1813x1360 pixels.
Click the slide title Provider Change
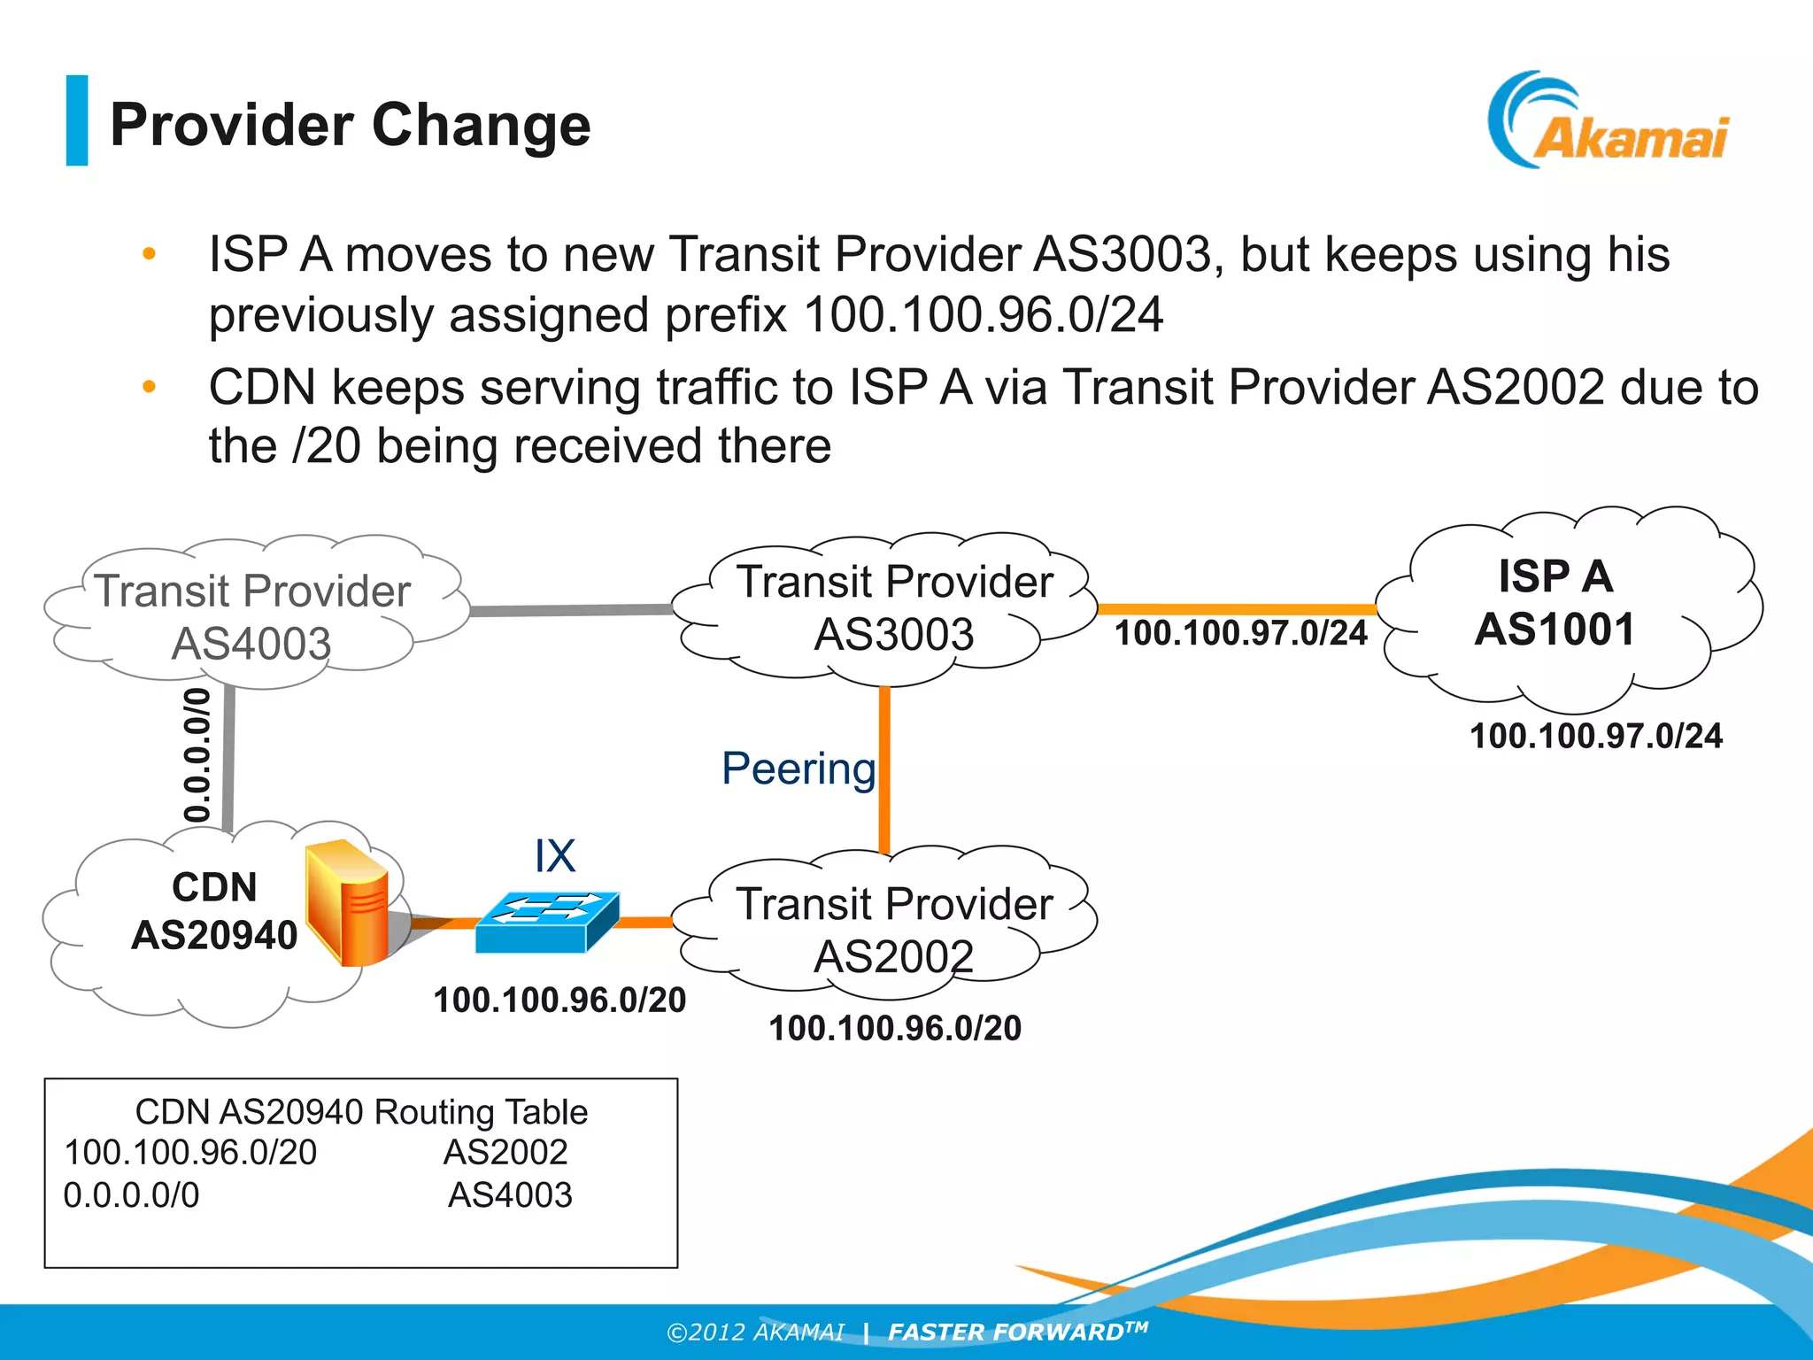350,125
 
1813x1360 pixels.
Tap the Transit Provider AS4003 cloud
252,615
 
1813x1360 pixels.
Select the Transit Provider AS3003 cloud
894,607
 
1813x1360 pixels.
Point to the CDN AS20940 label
214,911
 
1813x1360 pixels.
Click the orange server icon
347,903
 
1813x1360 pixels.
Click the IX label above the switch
555,856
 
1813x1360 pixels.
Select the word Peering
798,769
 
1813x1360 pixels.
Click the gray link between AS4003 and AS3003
571,611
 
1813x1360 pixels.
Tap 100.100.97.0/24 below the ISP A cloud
1595,736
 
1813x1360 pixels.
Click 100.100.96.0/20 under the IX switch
559,1000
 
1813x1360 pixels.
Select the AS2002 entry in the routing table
505,1152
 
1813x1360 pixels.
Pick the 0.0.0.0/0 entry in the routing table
131,1195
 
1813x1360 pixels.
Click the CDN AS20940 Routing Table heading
361,1112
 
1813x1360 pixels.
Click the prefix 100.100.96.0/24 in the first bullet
983,315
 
